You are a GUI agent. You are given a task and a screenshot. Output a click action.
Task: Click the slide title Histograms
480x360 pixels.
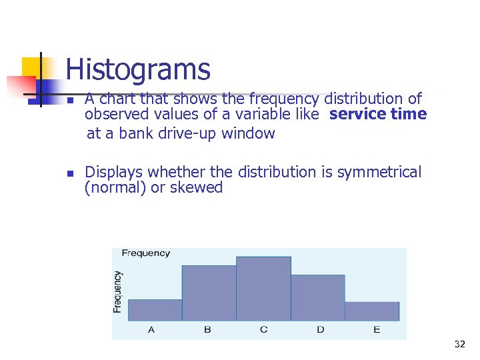coord(138,70)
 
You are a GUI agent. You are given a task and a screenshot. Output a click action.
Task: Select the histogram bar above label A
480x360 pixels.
coord(155,310)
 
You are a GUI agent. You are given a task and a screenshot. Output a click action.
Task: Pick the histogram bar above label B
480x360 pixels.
coord(209,293)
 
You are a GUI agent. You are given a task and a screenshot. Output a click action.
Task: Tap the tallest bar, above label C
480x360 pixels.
coord(263,289)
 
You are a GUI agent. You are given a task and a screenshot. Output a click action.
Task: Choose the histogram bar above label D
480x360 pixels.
coord(317,297)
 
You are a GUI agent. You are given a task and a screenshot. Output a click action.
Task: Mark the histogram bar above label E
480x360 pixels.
coord(372,311)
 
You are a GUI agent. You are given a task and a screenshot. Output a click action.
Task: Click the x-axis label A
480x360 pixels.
coord(151,330)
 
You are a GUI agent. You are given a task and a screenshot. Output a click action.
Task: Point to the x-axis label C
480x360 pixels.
coord(264,330)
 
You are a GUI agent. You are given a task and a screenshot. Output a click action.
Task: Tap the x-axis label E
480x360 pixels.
coord(377,330)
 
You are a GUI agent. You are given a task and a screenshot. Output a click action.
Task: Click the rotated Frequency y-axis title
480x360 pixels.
coord(117,291)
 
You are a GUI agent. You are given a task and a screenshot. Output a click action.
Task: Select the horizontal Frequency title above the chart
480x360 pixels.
coord(145,253)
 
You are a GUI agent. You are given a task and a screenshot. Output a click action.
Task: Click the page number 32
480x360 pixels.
coord(459,345)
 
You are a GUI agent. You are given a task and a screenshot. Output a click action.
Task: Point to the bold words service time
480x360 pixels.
coord(377,114)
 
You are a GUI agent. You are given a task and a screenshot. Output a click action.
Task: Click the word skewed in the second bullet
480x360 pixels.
coord(196,188)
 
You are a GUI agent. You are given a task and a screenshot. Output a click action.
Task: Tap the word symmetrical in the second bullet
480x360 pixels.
coord(379,173)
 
